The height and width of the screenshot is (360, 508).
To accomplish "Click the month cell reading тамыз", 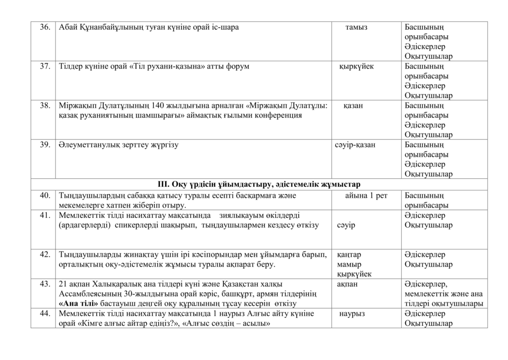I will (x=356, y=27).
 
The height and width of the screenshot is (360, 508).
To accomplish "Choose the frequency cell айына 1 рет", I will (x=366, y=196).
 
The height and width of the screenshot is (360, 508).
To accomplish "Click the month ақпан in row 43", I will (x=347, y=284).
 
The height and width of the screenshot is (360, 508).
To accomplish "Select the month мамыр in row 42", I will (x=349, y=264).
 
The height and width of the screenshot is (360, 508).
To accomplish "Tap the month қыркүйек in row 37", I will (x=356, y=66).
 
